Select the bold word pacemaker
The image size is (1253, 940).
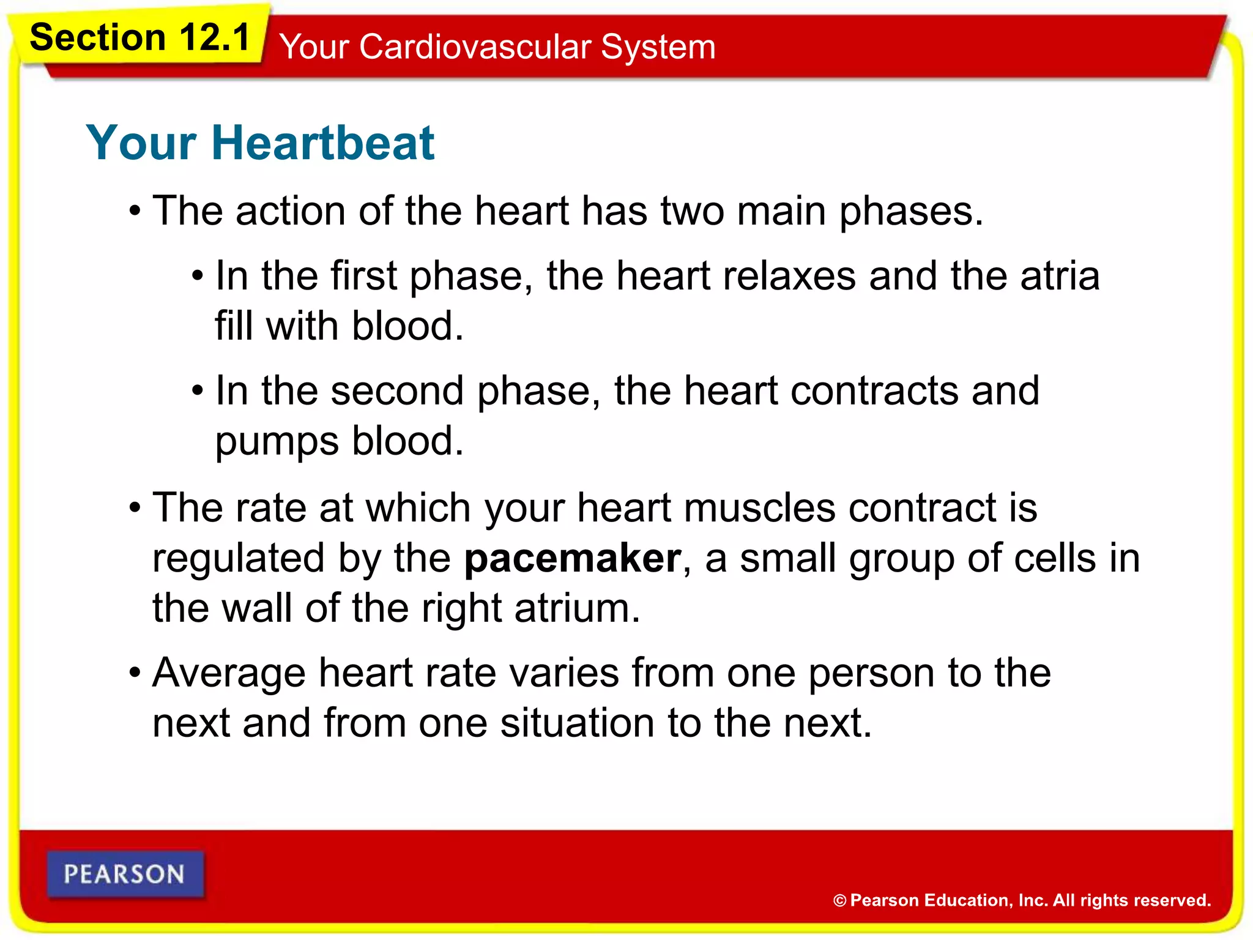coord(572,559)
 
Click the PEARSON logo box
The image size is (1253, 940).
coord(125,874)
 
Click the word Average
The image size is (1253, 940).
coord(229,673)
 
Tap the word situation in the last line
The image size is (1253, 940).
coord(577,723)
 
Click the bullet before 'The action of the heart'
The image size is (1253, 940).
coord(135,212)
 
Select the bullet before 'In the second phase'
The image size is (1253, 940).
coord(197,390)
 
